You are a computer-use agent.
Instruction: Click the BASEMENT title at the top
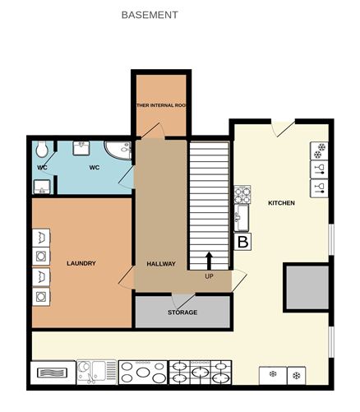click(149, 15)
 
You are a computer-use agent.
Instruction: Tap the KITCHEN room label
click(281, 202)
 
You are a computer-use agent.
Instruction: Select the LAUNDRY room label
click(81, 263)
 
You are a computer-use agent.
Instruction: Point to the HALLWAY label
click(161, 263)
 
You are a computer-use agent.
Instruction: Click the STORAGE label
click(182, 312)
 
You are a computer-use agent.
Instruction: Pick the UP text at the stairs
click(209, 276)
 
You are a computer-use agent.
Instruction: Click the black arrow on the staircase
click(209, 261)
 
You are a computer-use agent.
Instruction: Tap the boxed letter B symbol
click(242, 242)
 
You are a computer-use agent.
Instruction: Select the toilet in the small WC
click(42, 150)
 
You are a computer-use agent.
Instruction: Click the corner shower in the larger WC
click(121, 150)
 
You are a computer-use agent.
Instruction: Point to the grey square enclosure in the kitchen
click(306, 288)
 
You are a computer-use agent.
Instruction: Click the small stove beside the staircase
click(242, 195)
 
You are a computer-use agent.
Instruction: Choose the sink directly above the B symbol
click(242, 219)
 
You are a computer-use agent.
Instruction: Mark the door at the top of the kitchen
click(283, 128)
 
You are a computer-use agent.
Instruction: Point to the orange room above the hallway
click(161, 105)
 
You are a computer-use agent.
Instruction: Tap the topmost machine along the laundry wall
click(41, 238)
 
